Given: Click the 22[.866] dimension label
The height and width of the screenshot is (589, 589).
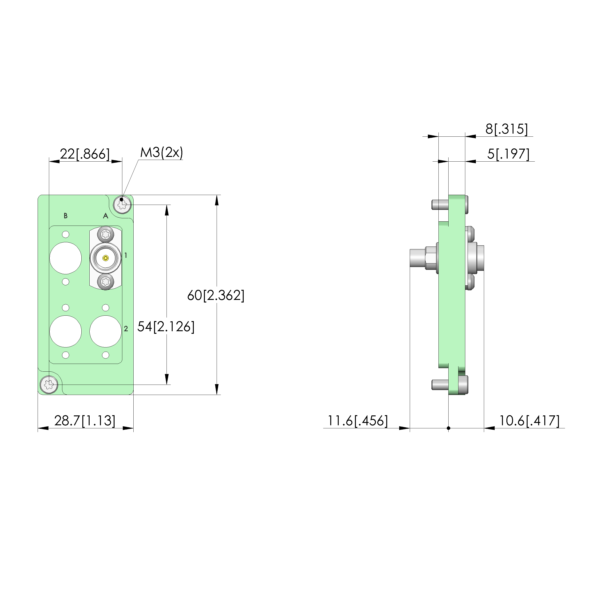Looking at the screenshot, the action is tap(85, 154).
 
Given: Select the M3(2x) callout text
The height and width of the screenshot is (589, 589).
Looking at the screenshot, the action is tap(162, 152).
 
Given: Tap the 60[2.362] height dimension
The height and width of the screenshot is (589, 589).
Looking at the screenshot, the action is tap(216, 295).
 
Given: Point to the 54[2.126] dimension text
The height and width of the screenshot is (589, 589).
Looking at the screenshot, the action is tap(166, 326).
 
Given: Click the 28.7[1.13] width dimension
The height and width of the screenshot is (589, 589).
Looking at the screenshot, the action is tap(85, 421).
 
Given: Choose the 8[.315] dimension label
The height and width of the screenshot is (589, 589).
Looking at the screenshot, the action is tap(507, 129).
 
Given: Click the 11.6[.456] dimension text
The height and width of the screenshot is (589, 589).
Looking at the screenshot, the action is tap(357, 421).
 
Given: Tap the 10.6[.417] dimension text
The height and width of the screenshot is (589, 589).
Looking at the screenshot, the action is tap(529, 421).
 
